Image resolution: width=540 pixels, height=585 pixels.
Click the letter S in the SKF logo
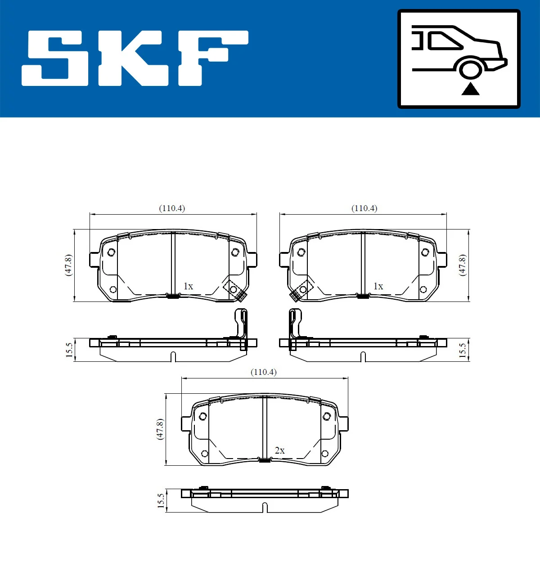tap(56, 58)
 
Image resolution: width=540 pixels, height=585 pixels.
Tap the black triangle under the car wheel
tap(470, 89)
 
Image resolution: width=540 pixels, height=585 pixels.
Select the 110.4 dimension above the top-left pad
tap(172, 208)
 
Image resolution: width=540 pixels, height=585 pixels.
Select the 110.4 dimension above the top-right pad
tap(364, 208)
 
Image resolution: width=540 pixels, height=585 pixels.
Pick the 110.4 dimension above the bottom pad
tap(264, 372)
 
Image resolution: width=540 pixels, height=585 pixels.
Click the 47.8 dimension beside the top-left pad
tap(68, 265)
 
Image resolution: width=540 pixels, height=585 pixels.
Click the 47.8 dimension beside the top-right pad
tap(462, 265)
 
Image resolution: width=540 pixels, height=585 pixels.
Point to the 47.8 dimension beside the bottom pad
tap(160, 429)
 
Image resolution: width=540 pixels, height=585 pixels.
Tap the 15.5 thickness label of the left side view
tap(69, 350)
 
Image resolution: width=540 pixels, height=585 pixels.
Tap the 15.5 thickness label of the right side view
tap(462, 350)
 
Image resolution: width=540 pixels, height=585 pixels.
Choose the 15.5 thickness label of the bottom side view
tap(161, 501)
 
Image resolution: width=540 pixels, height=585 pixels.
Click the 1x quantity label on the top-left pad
tap(188, 286)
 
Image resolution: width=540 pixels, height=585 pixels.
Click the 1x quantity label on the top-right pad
tap(378, 286)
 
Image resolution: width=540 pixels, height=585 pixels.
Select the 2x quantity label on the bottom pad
tap(279, 450)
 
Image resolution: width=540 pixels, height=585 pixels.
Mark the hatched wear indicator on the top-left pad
tap(242, 295)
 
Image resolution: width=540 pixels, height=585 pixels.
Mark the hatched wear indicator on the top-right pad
tap(295, 295)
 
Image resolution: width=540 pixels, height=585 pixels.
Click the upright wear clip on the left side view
tap(242, 326)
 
